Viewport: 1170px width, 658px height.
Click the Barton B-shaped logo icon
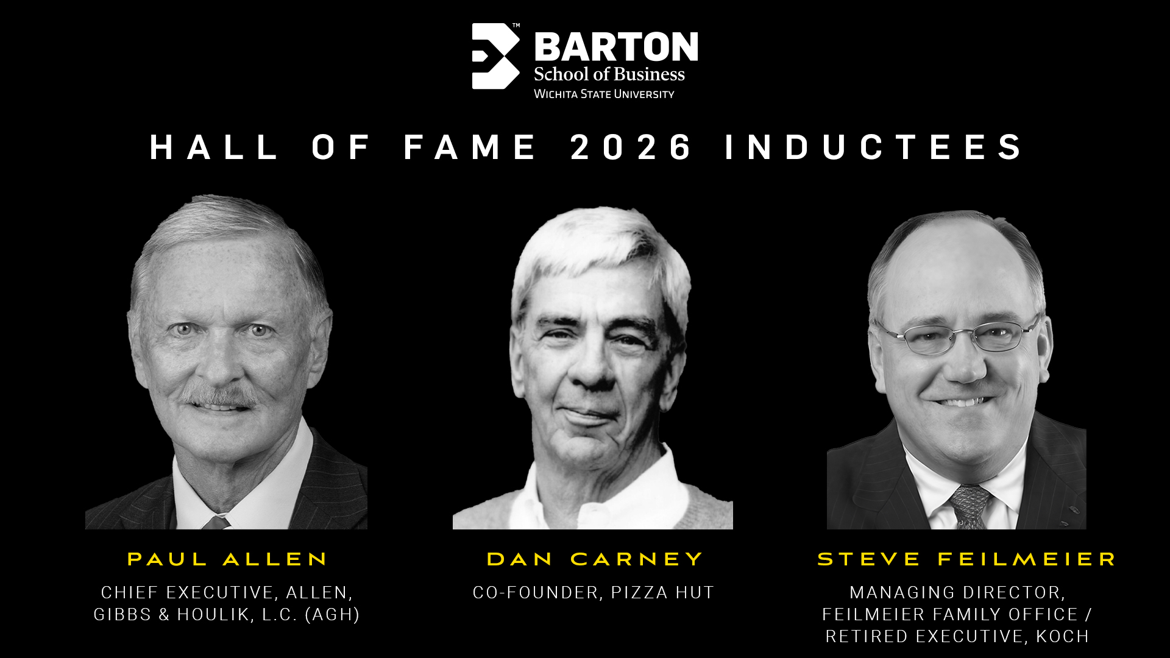pos(495,56)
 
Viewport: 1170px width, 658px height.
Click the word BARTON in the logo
pos(615,48)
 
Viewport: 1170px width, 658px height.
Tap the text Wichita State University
pos(604,94)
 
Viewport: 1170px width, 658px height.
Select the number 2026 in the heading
pos(631,147)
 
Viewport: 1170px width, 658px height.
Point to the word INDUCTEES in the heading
pos(874,147)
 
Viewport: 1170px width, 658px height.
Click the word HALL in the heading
pos(214,147)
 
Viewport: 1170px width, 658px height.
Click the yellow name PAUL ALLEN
pos(227,559)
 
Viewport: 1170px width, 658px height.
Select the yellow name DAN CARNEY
pos(594,559)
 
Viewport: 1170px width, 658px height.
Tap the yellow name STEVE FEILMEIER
pos(966,559)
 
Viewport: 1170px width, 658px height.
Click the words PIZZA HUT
pos(662,592)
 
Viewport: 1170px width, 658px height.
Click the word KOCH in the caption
pos(1062,636)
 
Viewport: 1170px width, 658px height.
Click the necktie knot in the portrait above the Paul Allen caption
pos(216,522)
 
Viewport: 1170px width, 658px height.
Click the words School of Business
pos(609,74)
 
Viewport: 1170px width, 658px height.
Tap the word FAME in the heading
pos(470,147)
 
